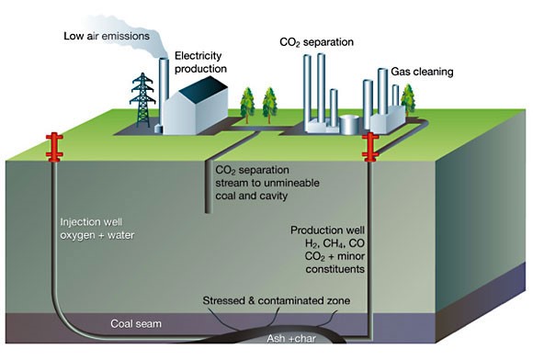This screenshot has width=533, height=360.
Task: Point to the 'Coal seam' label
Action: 135,322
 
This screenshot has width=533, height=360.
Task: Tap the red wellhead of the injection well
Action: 52,144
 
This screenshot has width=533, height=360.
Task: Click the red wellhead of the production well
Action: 371,144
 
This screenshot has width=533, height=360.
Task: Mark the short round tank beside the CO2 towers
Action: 350,123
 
